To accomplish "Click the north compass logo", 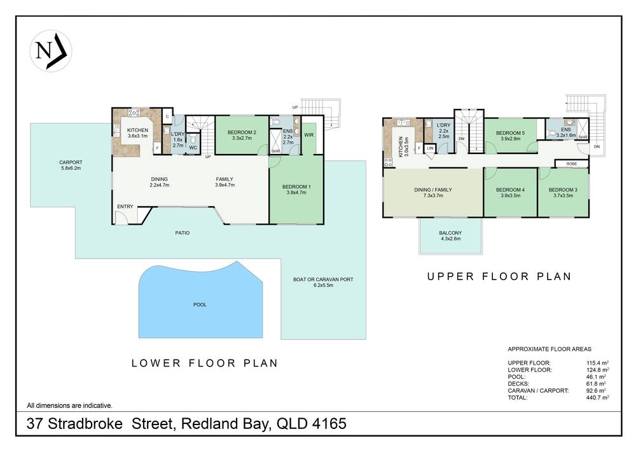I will tap(50, 50).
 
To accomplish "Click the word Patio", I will tap(183, 233).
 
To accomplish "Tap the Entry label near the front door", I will tap(125, 206).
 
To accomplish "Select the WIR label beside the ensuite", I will tap(308, 135).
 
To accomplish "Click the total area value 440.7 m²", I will tap(597, 397).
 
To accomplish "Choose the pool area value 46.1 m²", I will tap(597, 376).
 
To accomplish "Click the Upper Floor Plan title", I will tap(499, 277).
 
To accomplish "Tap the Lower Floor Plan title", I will tap(204, 363).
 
